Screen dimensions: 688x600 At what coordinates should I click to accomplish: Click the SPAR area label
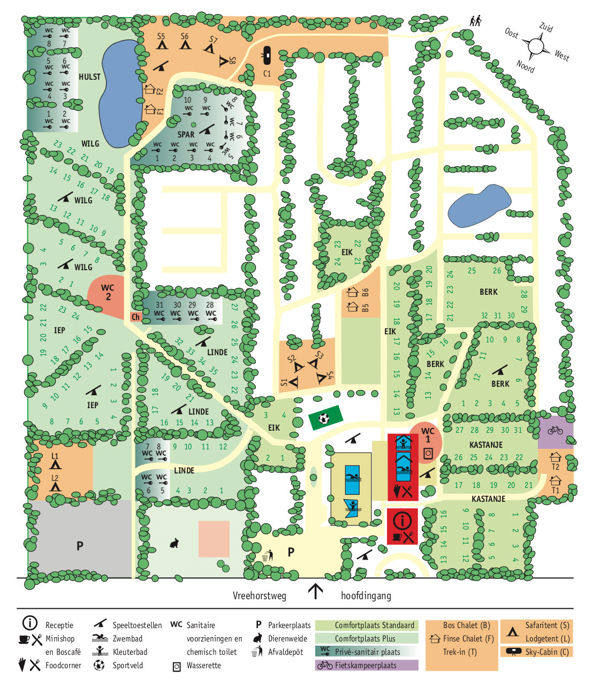tap(186, 133)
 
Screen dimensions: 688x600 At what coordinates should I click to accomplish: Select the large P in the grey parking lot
tap(79, 547)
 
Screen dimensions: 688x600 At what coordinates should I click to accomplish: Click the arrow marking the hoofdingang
tap(315, 591)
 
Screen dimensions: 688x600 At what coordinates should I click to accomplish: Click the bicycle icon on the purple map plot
tap(555, 432)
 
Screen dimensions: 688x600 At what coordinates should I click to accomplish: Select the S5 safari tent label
tap(161, 36)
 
